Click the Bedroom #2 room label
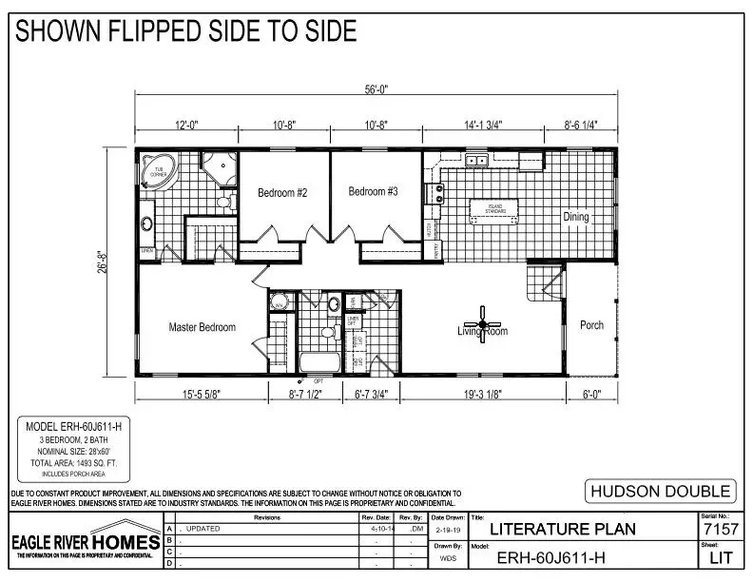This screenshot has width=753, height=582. coord(282,193)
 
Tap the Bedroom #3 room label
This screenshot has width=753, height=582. coord(373,192)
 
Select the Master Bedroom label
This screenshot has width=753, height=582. coord(202,327)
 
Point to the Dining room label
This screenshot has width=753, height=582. coord(575,217)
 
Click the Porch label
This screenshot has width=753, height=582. coord(591,325)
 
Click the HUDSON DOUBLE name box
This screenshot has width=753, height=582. coord(660,491)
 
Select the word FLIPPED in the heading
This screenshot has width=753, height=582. coord(150,31)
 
